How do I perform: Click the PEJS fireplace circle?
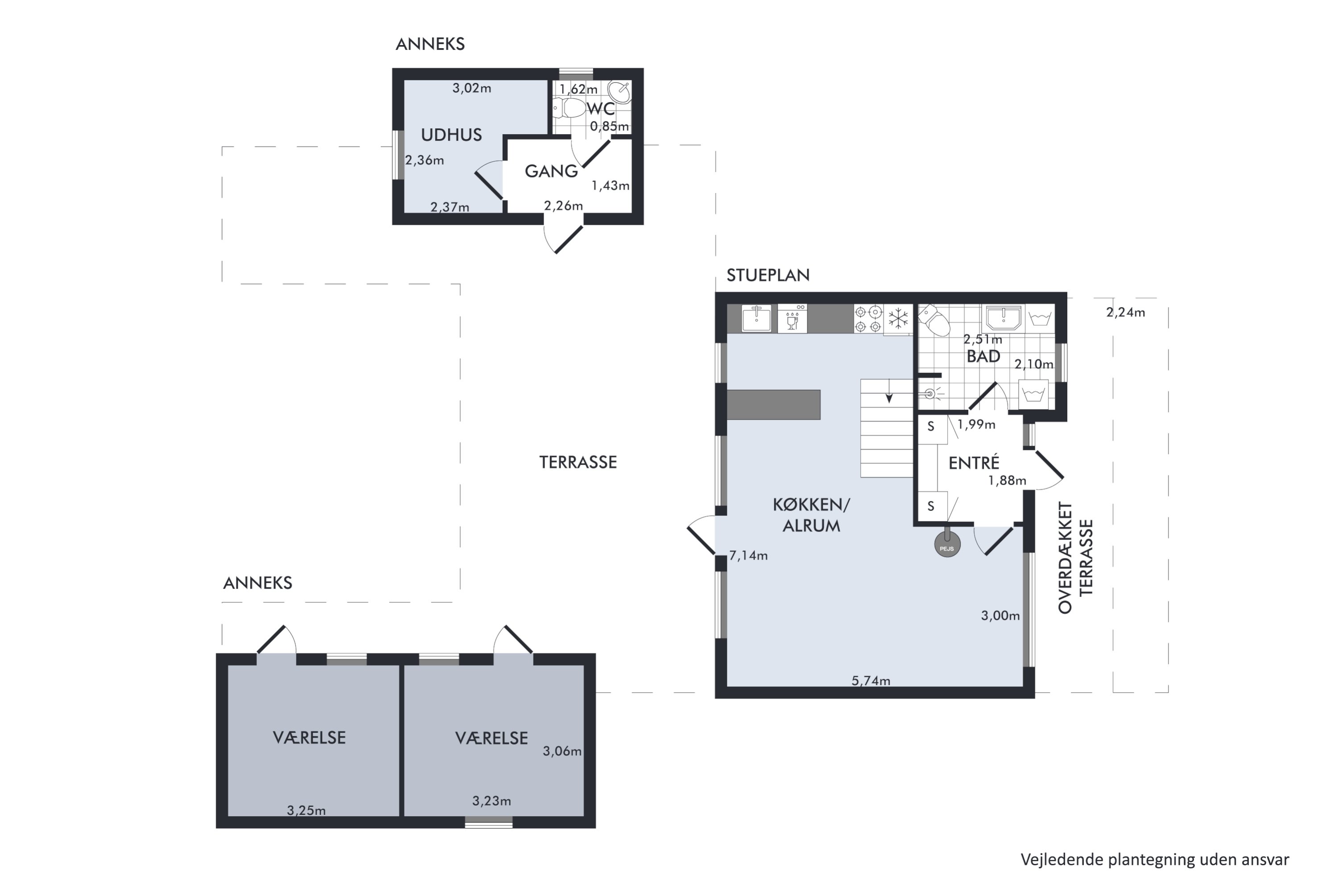tap(947, 545)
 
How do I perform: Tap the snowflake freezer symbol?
tap(898, 318)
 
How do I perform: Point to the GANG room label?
tap(551, 171)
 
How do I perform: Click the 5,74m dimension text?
tap(871, 681)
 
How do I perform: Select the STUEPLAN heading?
tap(768, 275)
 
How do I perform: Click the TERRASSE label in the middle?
tap(578, 462)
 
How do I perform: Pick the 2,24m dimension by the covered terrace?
tap(1125, 312)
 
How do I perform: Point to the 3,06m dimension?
tap(562, 752)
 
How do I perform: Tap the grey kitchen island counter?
tap(774, 405)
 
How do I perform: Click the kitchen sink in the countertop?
tap(756, 318)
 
